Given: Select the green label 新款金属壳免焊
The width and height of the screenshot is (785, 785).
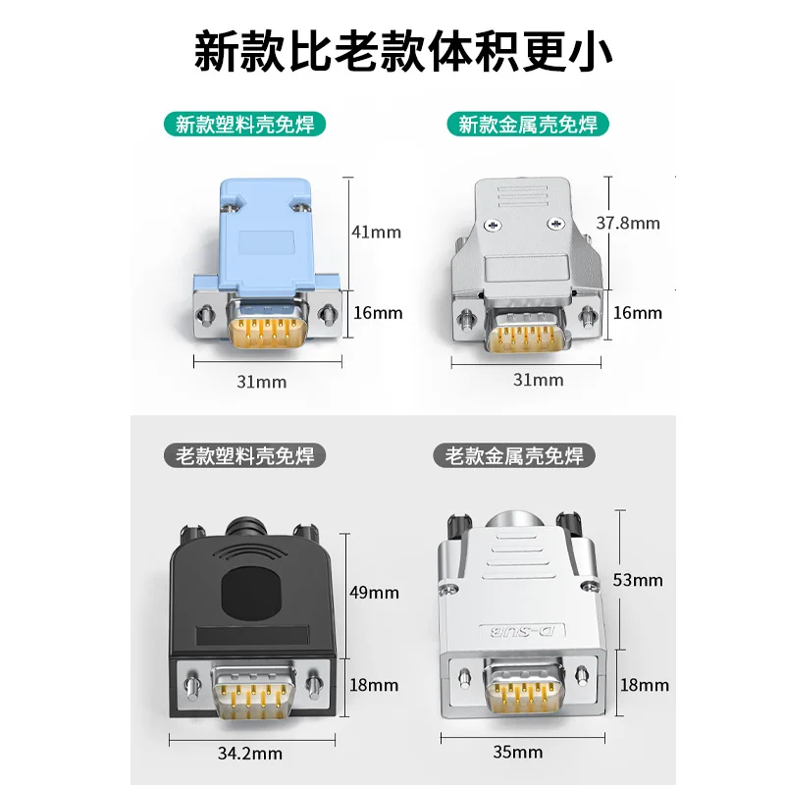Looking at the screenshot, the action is click(x=528, y=125).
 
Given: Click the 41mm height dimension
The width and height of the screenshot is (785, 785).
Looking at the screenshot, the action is click(x=377, y=233).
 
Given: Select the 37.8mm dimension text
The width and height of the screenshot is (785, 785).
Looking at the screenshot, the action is click(x=629, y=223).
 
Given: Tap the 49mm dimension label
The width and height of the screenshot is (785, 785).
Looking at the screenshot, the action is click(x=374, y=593).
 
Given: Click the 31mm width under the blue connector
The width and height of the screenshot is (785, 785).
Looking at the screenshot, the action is click(x=262, y=382).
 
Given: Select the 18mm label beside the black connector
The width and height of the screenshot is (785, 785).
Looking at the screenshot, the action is click(x=374, y=685).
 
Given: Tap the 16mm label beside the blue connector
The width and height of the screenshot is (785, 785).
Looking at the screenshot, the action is click(x=377, y=313).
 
